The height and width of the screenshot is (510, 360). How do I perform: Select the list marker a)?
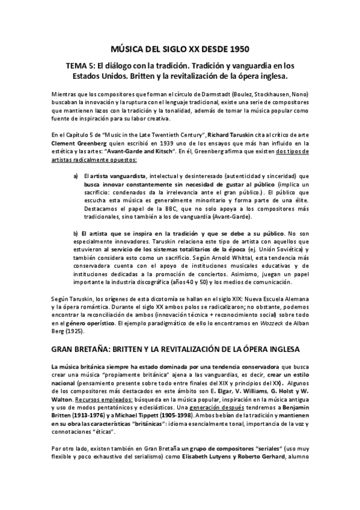pos(76,174)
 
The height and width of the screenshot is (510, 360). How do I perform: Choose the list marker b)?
pos(76,233)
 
